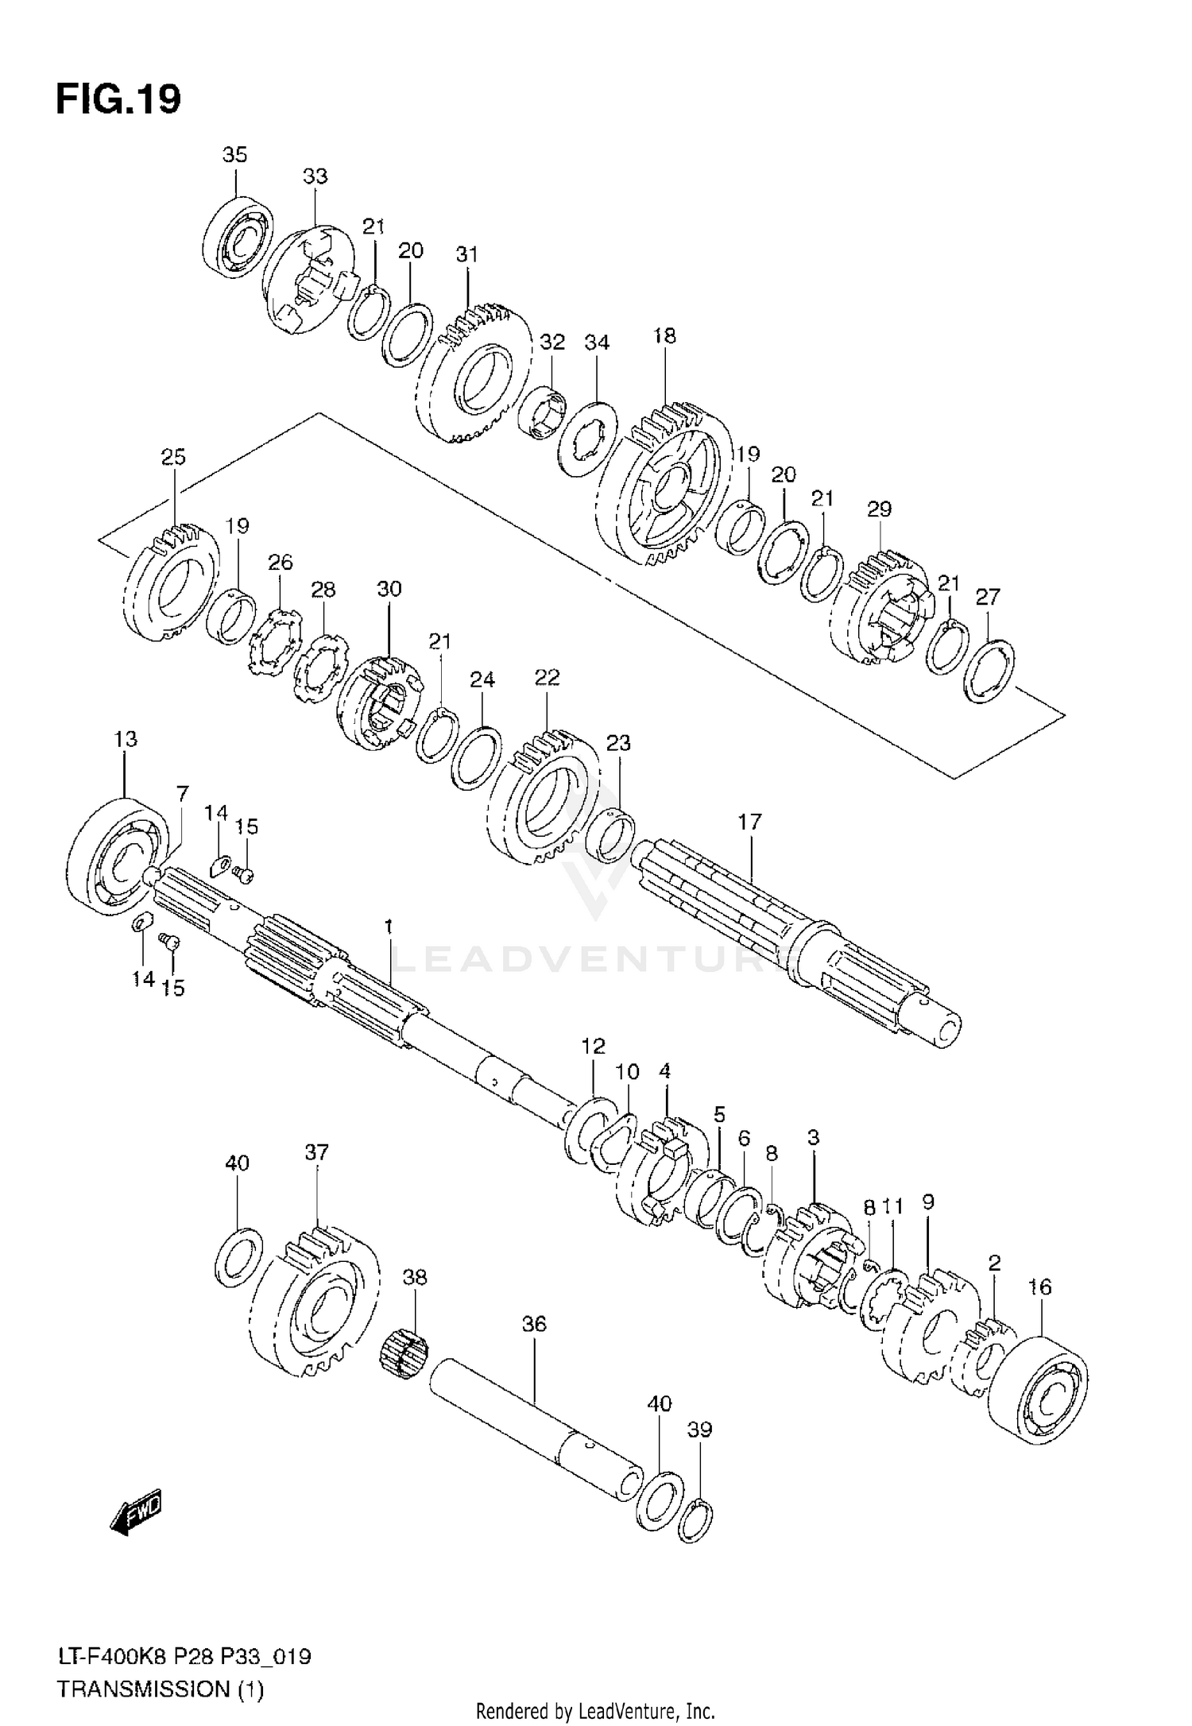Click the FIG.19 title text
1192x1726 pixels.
coord(118,100)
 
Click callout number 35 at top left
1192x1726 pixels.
coord(234,154)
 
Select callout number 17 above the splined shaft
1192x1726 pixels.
coord(749,822)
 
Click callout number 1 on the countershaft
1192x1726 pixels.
coord(389,927)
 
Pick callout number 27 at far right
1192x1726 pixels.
coord(988,597)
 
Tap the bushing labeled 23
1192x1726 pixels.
coord(610,836)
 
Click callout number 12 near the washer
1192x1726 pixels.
coord(593,1046)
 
